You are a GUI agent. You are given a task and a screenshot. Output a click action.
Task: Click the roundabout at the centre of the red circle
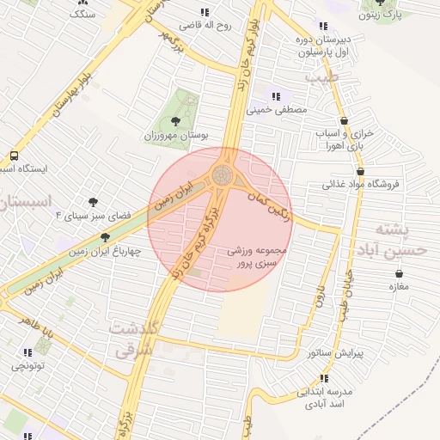coord(223,176)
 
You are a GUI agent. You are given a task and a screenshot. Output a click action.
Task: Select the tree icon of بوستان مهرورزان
coord(176,121)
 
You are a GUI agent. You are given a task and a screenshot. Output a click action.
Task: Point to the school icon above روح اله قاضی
coord(205,12)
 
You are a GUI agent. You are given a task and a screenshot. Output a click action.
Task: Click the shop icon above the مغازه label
coord(398,273)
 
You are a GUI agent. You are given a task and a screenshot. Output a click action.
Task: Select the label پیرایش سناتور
coord(336,352)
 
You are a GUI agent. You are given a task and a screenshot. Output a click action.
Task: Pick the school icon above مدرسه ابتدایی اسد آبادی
coord(324,378)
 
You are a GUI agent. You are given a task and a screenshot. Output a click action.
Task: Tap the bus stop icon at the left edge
coord(14,156)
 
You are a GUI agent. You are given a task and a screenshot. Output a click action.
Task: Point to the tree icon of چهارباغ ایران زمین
coord(105,237)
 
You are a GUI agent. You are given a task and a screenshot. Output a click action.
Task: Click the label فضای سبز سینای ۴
coord(89,215)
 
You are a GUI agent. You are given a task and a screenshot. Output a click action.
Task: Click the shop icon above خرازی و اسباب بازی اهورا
coord(345,121)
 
